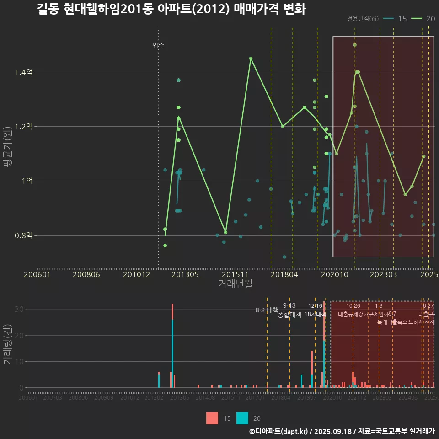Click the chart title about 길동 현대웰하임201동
coord(171,10)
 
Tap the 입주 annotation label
coord(158,45)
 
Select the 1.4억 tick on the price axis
coord(23,72)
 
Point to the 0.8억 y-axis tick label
coord(23,236)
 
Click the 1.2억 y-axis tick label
coord(23,127)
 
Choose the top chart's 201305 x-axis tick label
coord(184,274)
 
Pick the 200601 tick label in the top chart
coord(37,274)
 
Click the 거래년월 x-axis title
coord(235,284)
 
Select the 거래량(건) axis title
coord(8,344)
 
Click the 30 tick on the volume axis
coord(18,309)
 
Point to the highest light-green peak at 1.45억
coord(251,59)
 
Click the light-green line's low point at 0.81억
coord(225,232)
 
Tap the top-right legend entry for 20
coord(424,19)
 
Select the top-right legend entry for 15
coord(396,19)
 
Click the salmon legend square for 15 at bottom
coord(212,418)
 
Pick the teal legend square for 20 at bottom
coord(242,418)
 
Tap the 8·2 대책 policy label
coord(267,310)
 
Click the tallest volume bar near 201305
coord(172,346)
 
